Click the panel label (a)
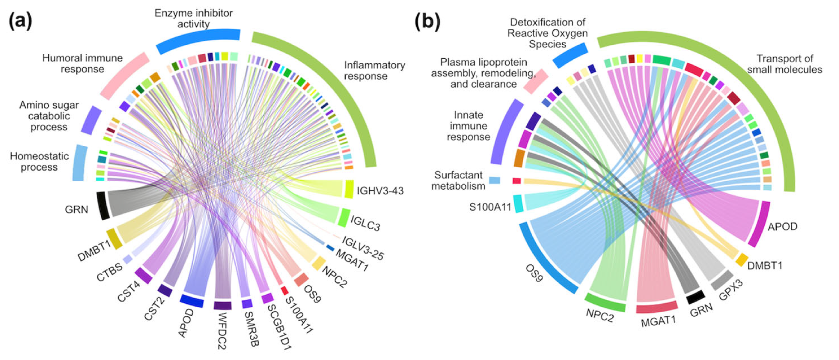point(20,22)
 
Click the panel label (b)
point(427,22)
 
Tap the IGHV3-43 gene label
point(380,191)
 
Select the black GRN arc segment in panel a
point(103,206)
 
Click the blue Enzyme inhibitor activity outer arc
point(198,41)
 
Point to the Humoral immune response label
point(82,64)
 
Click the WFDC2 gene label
point(222,331)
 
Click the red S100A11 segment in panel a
point(284,290)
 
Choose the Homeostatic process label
point(39,162)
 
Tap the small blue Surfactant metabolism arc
point(494,180)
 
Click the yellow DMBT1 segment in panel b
point(742,260)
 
